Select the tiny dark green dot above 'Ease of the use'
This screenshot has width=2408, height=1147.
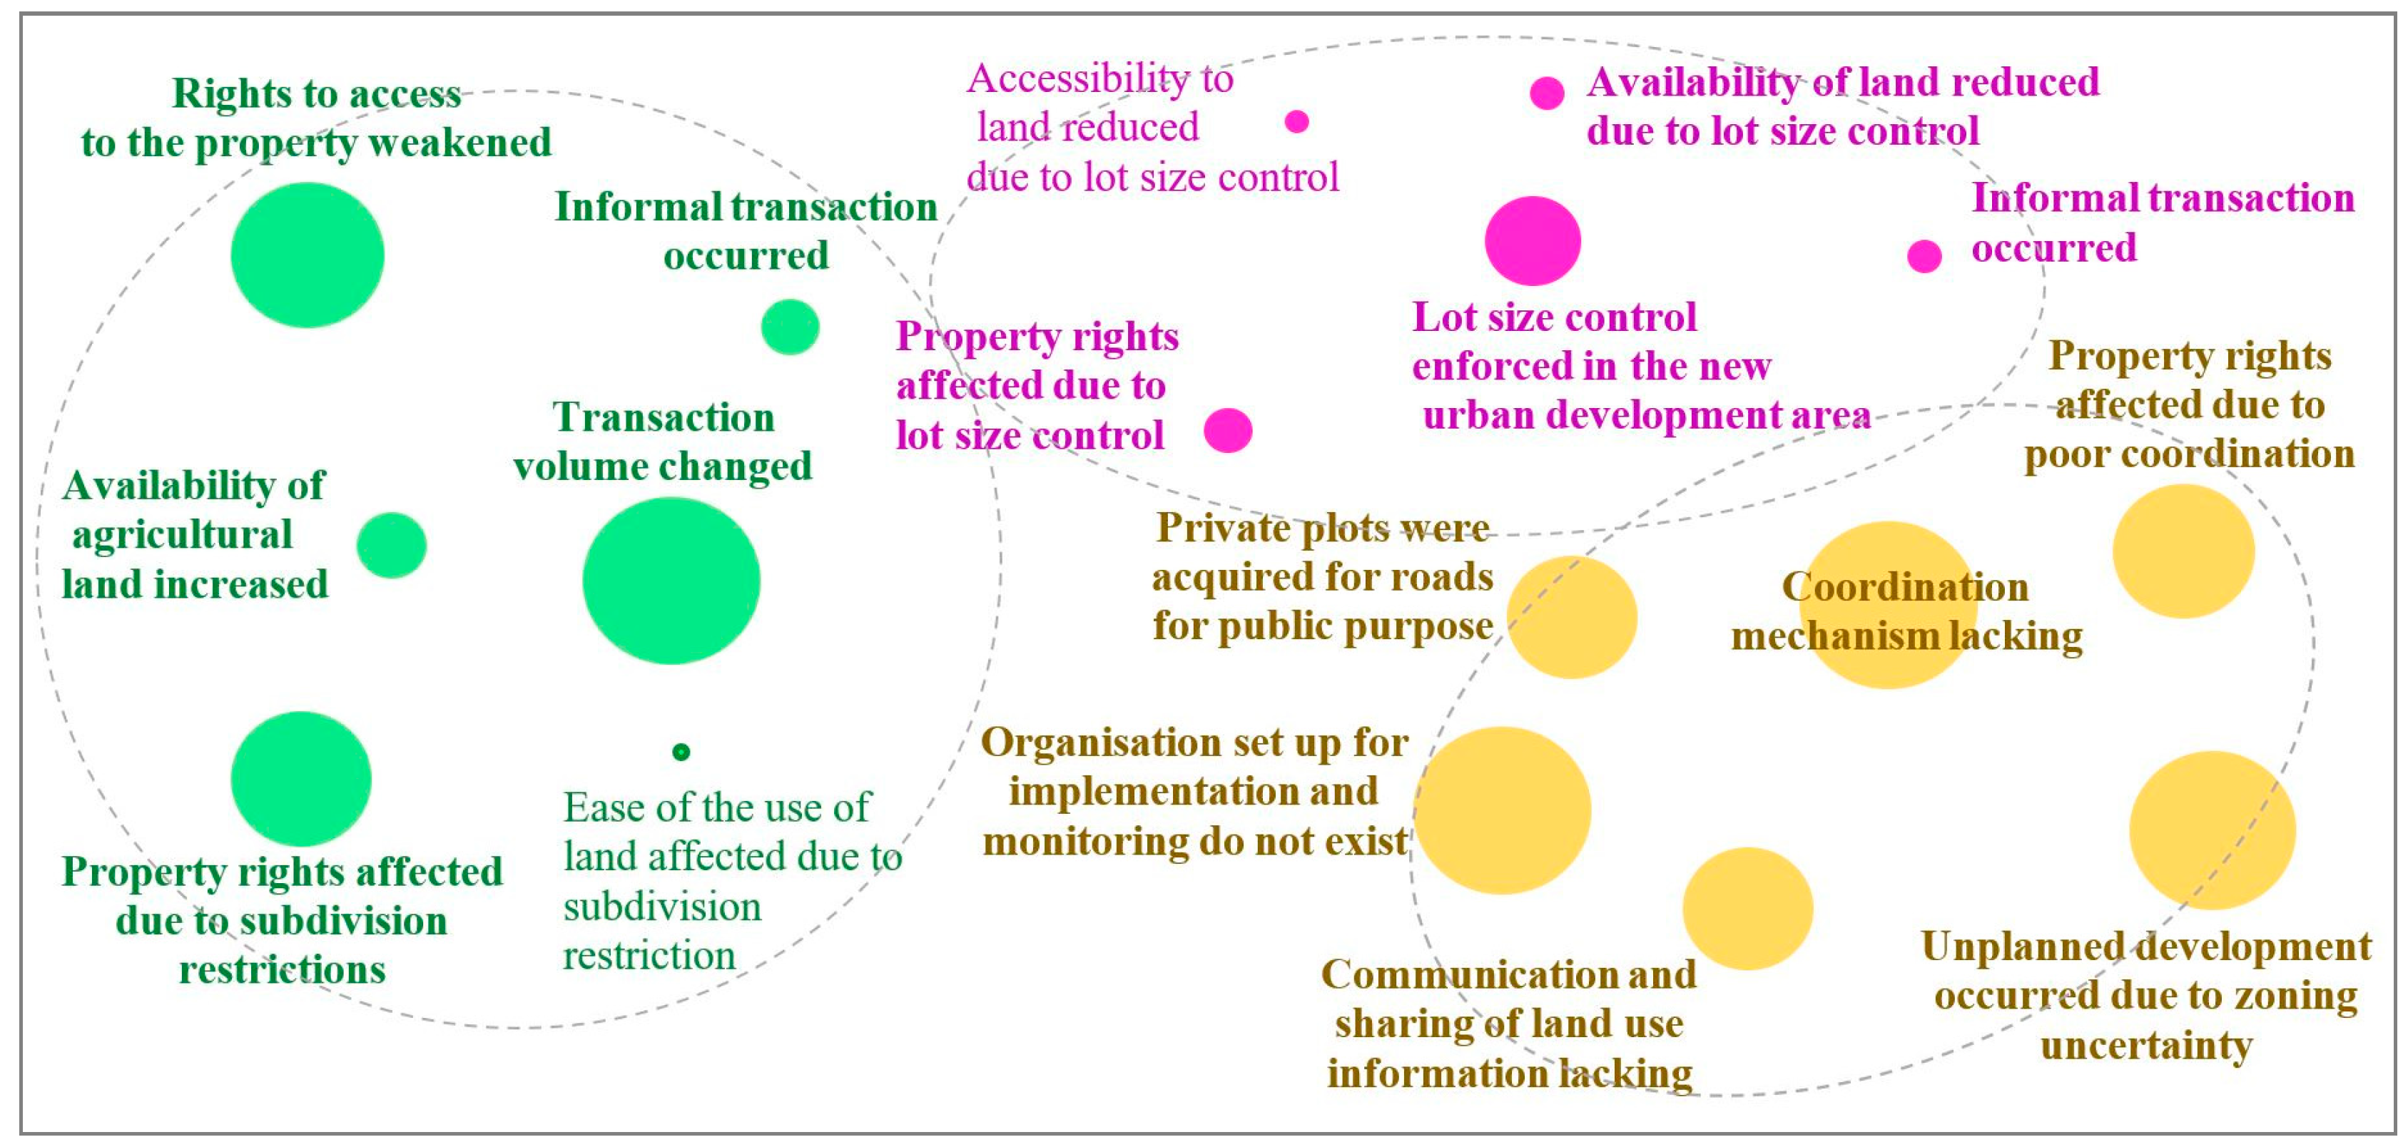tap(681, 752)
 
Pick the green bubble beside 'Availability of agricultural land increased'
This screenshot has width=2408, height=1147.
tap(392, 545)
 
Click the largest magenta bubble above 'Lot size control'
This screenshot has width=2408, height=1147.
tap(1532, 240)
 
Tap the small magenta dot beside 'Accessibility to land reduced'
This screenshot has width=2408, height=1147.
tap(1296, 121)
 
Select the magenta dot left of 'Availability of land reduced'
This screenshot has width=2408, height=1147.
tap(1547, 93)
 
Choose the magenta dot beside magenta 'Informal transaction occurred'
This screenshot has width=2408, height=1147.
tap(1924, 255)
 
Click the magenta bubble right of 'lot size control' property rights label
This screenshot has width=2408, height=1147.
tap(1227, 430)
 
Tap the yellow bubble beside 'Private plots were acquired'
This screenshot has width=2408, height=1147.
tap(1571, 617)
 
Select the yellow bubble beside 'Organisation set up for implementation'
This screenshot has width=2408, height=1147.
tap(1502, 810)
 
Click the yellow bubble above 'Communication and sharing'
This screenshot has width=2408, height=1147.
tap(1747, 908)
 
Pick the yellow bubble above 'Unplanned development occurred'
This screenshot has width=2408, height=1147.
tap(2212, 829)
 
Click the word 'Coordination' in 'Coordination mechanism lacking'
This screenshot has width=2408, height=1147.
tap(1905, 587)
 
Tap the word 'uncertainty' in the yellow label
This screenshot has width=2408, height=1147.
tap(2146, 1045)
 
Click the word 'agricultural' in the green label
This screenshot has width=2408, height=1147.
tap(182, 535)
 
